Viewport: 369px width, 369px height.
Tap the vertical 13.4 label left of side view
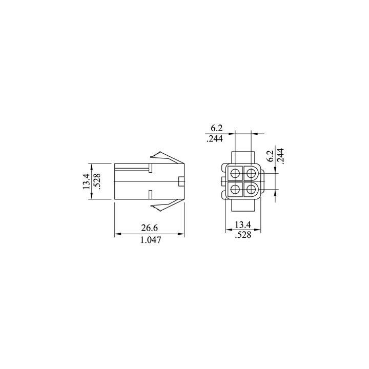click(x=86, y=181)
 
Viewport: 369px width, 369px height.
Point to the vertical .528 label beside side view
click(x=97, y=181)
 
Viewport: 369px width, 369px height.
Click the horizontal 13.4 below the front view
click(x=242, y=225)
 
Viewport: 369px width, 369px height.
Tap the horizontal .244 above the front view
click(x=216, y=138)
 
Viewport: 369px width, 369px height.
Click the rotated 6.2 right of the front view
click(x=270, y=155)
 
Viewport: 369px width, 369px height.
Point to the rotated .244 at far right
click(x=280, y=155)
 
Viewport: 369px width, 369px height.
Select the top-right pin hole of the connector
click(x=251, y=173)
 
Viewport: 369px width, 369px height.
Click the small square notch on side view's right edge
click(x=181, y=181)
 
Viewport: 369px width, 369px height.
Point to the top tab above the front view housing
click(x=243, y=157)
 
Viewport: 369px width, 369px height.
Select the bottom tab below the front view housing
click(x=243, y=206)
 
